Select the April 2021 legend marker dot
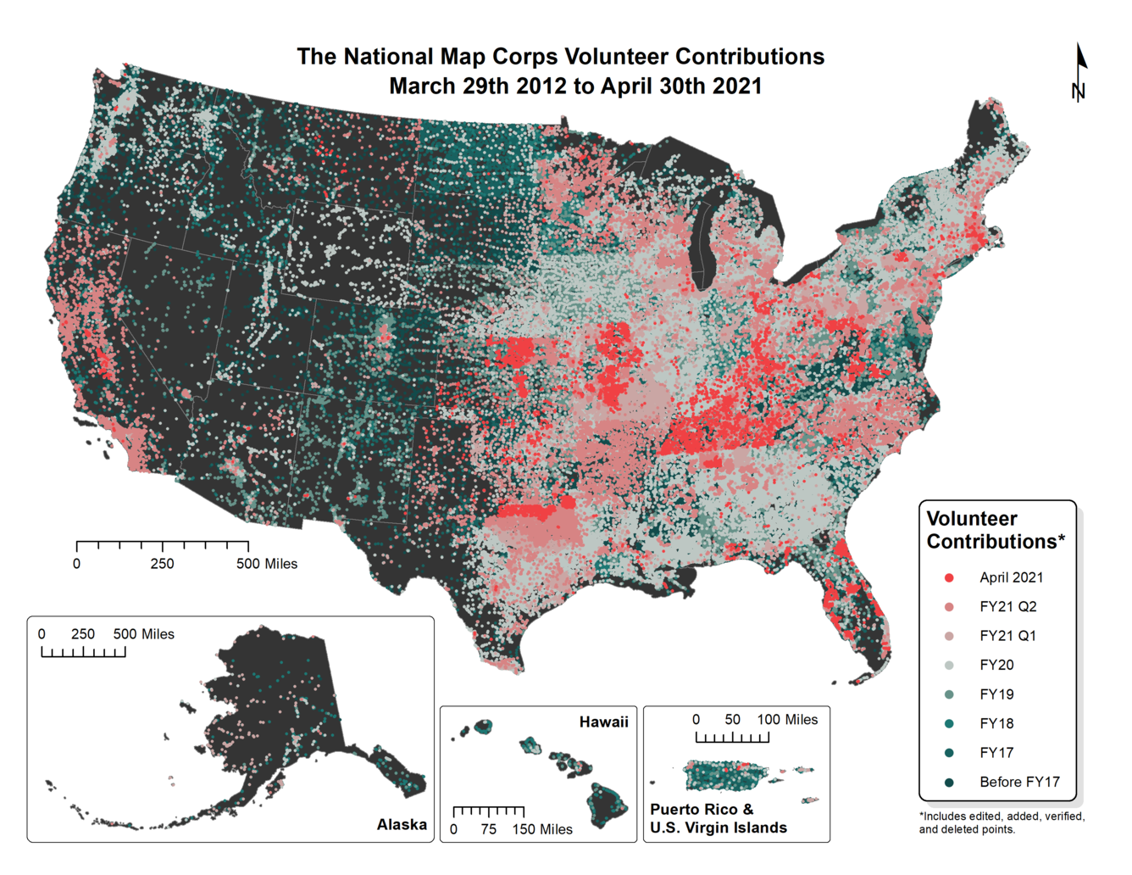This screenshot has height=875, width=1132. click(x=949, y=578)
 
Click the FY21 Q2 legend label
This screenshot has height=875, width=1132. click(x=1007, y=607)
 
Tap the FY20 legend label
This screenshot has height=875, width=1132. click(x=996, y=666)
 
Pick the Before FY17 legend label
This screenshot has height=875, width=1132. click(x=1019, y=783)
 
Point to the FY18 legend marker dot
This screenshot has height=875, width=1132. click(x=949, y=724)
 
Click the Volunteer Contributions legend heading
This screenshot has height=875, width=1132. click(x=995, y=530)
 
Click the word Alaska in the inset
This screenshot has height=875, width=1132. click(x=402, y=825)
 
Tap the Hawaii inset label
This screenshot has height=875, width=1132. click(x=603, y=722)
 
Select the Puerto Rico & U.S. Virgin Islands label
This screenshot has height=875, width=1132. click(x=718, y=819)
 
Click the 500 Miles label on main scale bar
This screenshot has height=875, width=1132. click(x=267, y=565)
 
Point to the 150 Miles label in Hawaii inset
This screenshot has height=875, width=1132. click(x=542, y=830)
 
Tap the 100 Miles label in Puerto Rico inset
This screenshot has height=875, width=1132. click(x=787, y=720)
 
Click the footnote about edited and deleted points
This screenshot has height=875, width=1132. click(x=1002, y=823)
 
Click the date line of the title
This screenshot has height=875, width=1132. click(x=575, y=86)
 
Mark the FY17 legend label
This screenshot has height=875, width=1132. click(x=996, y=753)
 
